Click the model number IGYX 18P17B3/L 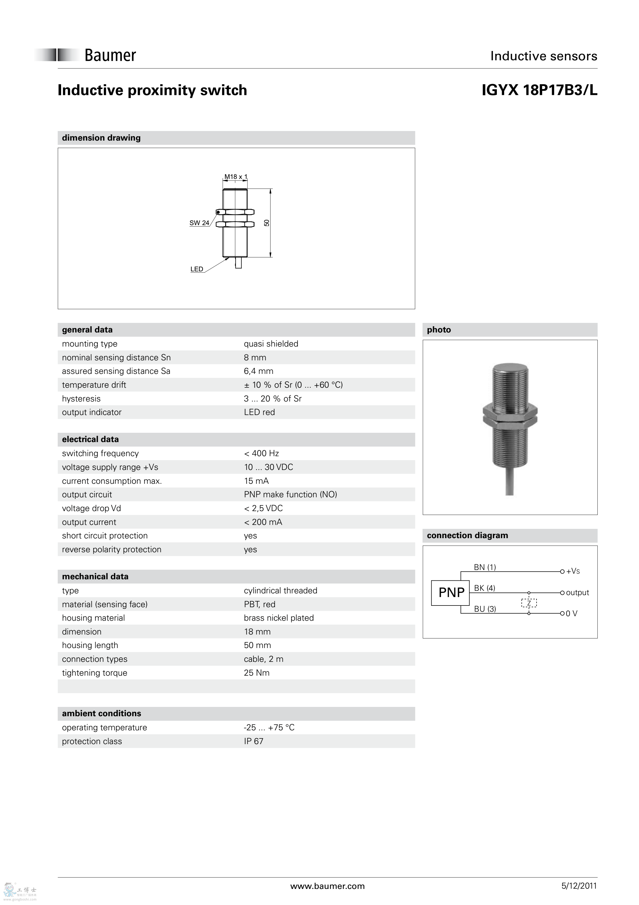click(539, 90)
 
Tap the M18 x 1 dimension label click(235, 177)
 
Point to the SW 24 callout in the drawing click(199, 223)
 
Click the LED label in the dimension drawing click(196, 269)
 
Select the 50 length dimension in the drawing click(267, 223)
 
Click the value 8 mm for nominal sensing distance click(255, 358)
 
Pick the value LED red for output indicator click(259, 412)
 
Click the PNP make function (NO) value click(290, 495)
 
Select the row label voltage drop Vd click(91, 509)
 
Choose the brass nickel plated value click(278, 618)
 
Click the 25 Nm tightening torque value click(256, 673)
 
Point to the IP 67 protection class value click(253, 741)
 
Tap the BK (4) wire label click(484, 588)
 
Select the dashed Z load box click(529, 603)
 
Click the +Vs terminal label click(573, 571)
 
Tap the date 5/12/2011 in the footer click(579, 886)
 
